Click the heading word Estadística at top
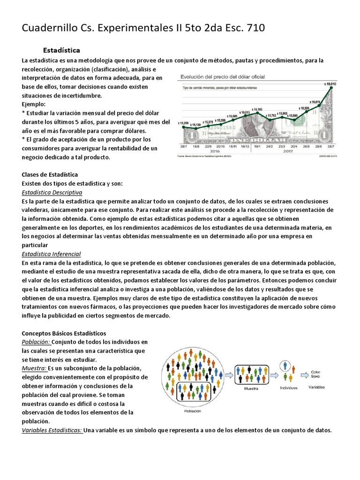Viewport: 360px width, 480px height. click(61, 50)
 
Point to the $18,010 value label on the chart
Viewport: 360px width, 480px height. click(330, 84)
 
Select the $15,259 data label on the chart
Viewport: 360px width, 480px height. click(184, 123)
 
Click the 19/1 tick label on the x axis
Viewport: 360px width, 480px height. click(257, 146)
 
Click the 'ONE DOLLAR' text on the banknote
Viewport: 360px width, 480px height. click(255, 140)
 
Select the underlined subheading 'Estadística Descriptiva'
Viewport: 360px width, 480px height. click(52, 193)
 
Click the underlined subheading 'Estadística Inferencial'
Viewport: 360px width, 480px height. click(52, 254)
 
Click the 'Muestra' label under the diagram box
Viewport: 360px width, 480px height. click(252, 389)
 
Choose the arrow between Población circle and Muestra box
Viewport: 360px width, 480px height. click(228, 375)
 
